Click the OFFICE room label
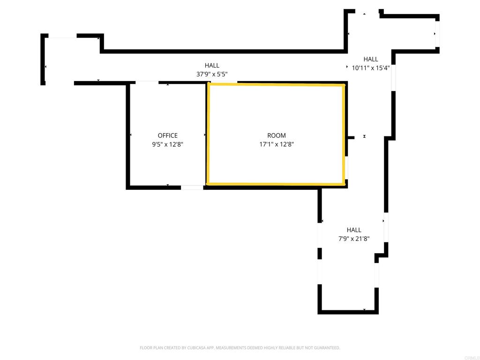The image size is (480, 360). pyautogui.click(x=167, y=135)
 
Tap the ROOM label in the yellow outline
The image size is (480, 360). pyautogui.click(x=277, y=135)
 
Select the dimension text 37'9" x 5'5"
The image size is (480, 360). pyautogui.click(x=212, y=74)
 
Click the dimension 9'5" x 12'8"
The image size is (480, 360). pyautogui.click(x=167, y=144)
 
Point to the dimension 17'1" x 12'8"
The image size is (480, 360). pyautogui.click(x=277, y=144)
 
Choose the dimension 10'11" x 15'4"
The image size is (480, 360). pyautogui.click(x=371, y=67)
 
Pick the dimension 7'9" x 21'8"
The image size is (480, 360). pyautogui.click(x=354, y=239)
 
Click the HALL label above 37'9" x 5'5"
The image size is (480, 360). pyautogui.click(x=212, y=66)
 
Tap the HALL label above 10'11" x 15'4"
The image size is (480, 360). pyautogui.click(x=371, y=59)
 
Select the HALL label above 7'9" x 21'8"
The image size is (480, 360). pyautogui.click(x=354, y=230)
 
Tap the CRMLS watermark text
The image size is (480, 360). pyautogui.click(x=470, y=356)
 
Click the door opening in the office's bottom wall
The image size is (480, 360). pyautogui.click(x=192, y=187)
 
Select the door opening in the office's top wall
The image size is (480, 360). pyautogui.click(x=147, y=83)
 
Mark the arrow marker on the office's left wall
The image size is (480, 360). pyautogui.click(x=130, y=135)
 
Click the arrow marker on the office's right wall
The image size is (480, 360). pyautogui.click(x=205, y=135)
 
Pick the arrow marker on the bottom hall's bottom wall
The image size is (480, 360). pyautogui.click(x=364, y=310)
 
